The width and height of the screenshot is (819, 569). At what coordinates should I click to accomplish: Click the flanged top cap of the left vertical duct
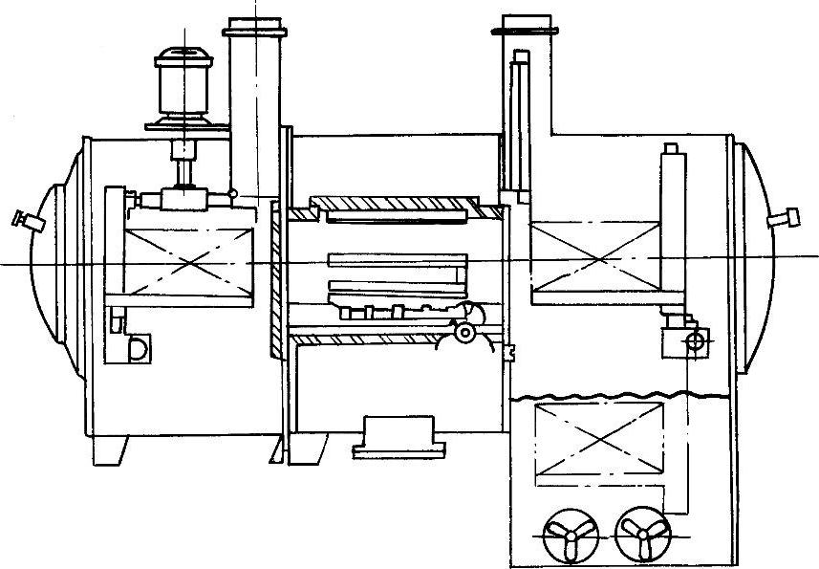(255, 32)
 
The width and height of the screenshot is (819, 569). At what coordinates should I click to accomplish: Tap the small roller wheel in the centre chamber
(465, 333)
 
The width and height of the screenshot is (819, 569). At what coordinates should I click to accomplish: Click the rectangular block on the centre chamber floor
(398, 437)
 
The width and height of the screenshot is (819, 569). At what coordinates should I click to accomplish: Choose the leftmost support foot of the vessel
(113, 449)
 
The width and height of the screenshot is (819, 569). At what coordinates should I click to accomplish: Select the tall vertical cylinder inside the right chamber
(672, 229)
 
